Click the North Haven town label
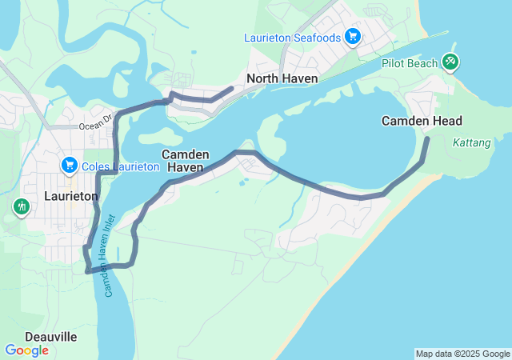282,78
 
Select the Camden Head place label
421,121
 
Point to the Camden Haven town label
186,161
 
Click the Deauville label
50,337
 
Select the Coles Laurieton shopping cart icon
70,166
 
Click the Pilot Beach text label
409,63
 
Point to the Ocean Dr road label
98,126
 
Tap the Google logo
27,350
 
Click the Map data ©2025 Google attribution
462,354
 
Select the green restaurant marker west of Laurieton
21,206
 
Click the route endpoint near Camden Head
427,139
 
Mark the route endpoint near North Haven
232,88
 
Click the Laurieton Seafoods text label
294,38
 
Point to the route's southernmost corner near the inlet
87,272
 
